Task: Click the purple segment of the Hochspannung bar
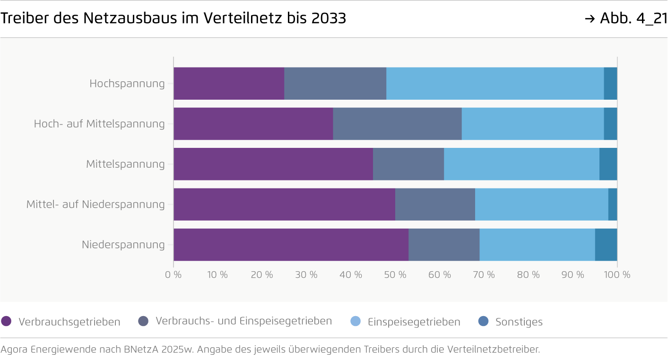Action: pos(229,84)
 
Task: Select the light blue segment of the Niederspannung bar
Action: pos(537,245)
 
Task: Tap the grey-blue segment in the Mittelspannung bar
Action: pos(408,164)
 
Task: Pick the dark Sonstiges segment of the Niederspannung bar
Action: pos(606,245)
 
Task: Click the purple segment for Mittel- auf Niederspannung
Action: pos(284,205)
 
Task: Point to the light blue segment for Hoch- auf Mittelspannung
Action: pos(532,124)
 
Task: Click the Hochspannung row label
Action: pos(127,84)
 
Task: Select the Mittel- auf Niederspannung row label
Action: pos(95,205)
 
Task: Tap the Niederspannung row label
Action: pos(123,245)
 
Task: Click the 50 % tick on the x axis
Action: pos(395,274)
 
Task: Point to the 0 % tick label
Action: pos(174,274)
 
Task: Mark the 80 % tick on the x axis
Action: pos(528,274)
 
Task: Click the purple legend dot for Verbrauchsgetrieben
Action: pos(6,321)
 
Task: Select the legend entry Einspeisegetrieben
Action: pos(414,322)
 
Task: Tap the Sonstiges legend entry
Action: pos(519,322)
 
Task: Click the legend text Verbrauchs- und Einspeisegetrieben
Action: pos(243,321)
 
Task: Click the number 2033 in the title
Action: pos(329,18)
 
